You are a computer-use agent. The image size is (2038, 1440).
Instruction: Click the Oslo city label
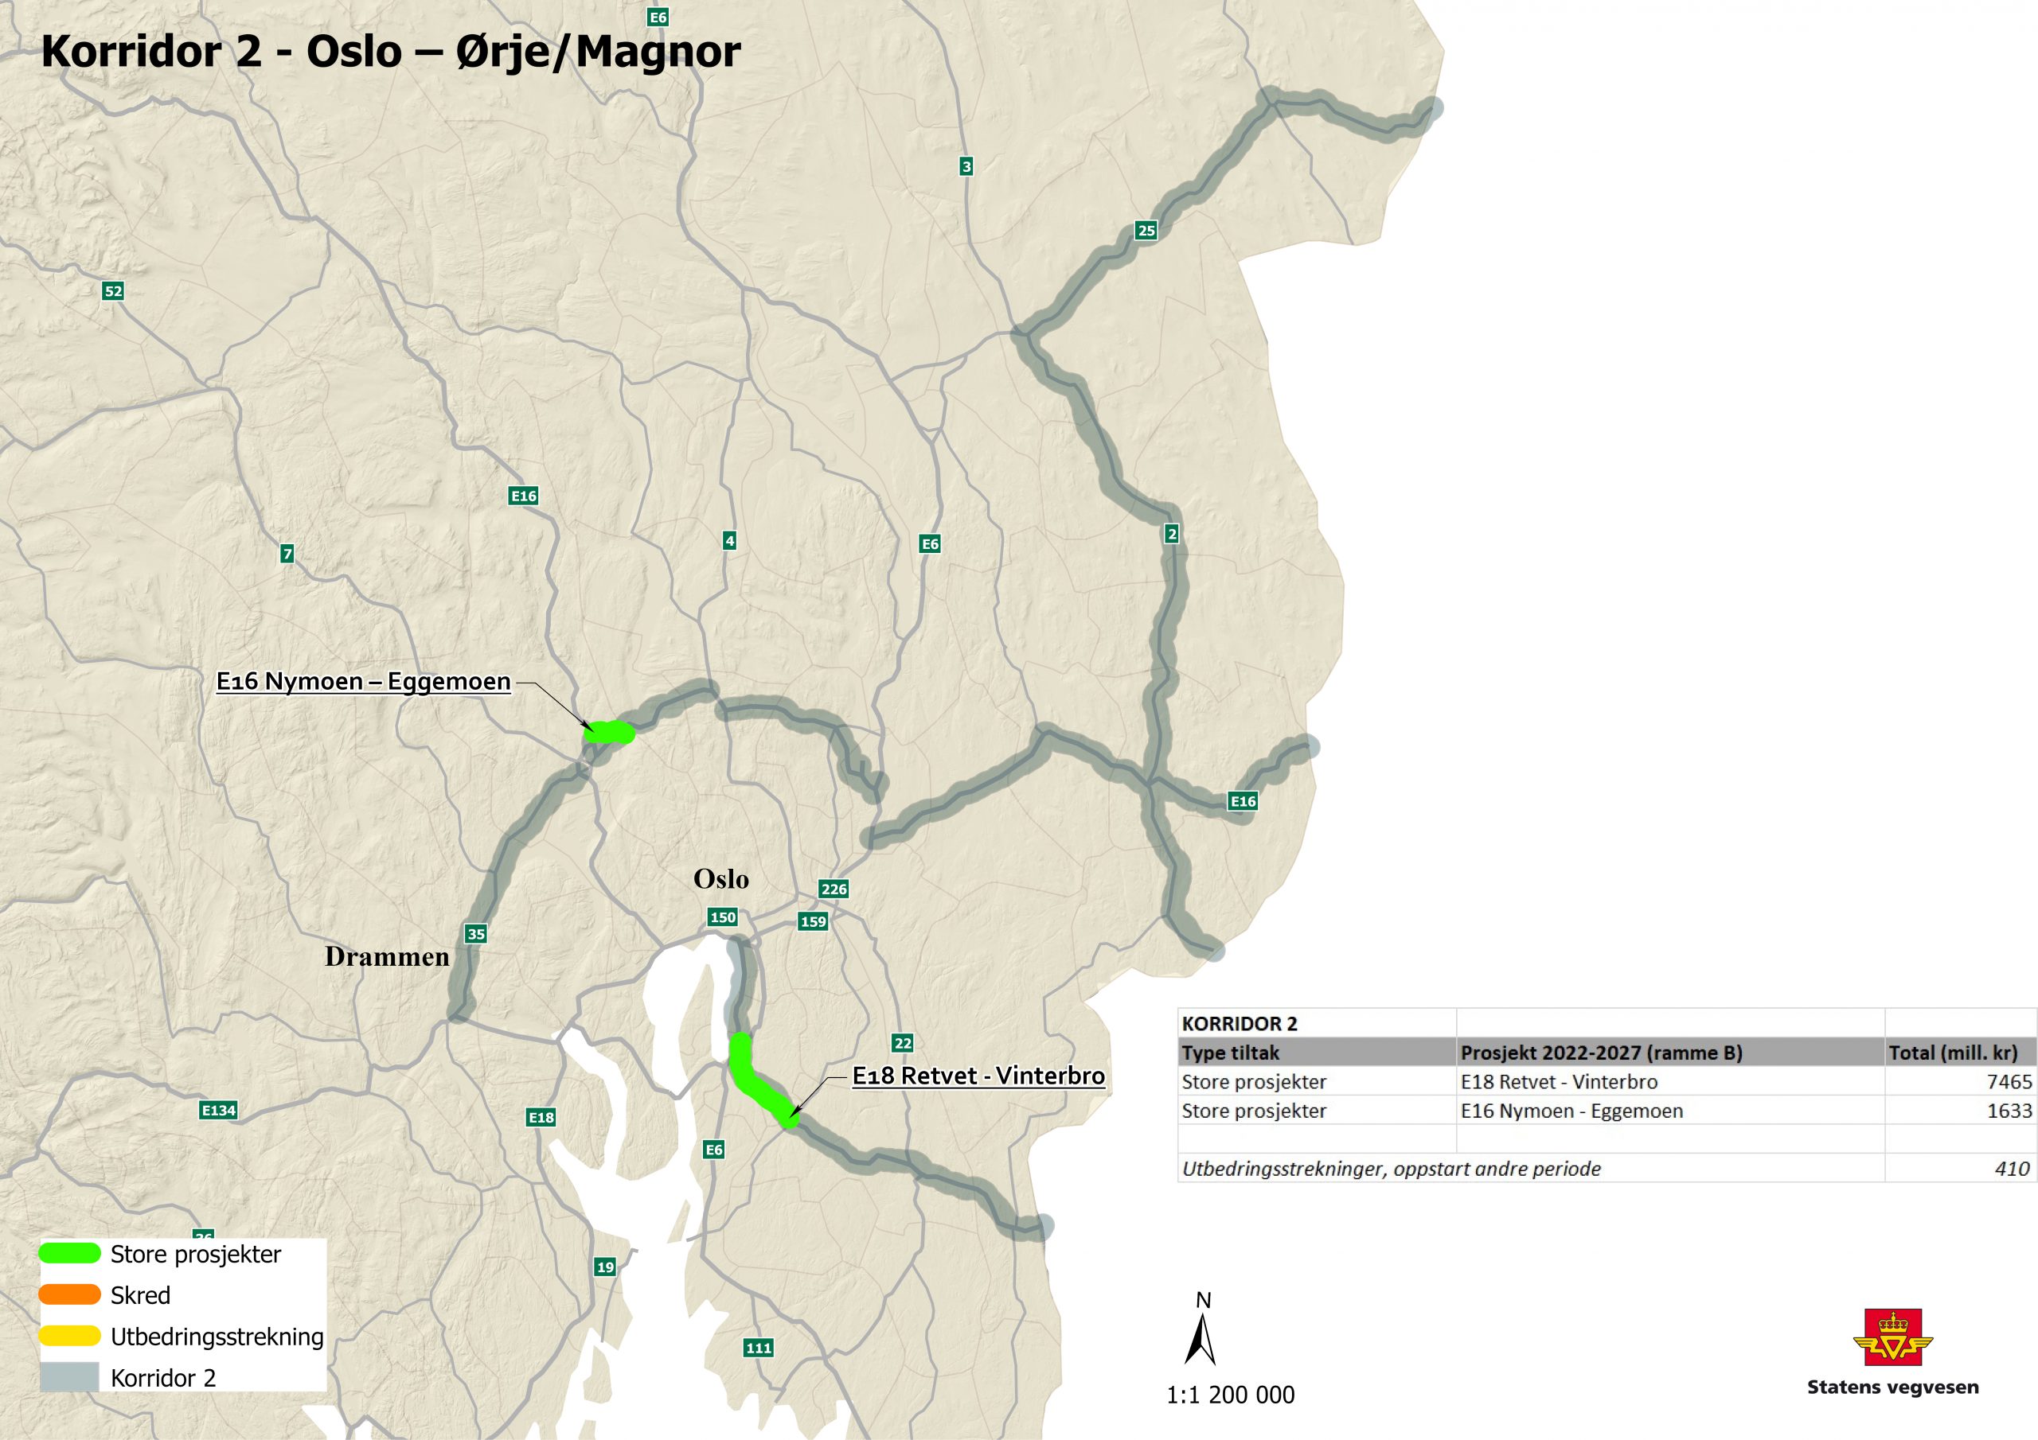(720, 879)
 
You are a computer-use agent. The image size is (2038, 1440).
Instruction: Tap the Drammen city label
(387, 956)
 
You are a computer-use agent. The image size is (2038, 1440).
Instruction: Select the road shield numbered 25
(1146, 231)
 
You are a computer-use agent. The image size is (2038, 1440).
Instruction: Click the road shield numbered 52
(113, 291)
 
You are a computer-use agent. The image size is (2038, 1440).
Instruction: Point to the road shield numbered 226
(834, 889)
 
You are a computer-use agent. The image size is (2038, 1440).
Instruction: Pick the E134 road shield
(218, 1110)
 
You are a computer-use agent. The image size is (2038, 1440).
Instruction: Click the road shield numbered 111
(758, 1348)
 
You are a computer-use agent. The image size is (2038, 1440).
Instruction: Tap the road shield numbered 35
(476, 933)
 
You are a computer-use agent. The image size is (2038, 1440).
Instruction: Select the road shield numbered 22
(903, 1043)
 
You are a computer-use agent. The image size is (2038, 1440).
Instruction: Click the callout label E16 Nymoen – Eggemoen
(364, 681)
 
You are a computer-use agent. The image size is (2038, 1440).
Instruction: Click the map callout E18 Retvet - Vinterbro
(978, 1076)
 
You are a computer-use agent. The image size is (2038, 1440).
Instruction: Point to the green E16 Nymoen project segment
(610, 733)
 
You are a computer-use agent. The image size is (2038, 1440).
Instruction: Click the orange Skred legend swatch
(69, 1294)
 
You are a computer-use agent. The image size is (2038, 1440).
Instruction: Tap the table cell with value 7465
(2009, 1081)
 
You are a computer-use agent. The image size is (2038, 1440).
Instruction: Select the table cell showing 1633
(2009, 1111)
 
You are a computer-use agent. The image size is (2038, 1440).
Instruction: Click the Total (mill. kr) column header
(1953, 1053)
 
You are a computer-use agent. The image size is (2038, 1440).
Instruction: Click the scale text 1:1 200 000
(1230, 1395)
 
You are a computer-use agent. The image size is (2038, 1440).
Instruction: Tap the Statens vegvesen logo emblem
(1892, 1338)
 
